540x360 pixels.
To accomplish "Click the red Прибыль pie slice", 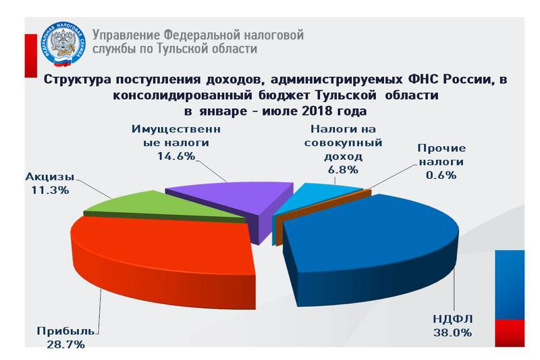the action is coord(162,255).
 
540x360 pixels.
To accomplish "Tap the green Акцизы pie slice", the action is coord(162,206).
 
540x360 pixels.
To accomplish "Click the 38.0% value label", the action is coord(452,333).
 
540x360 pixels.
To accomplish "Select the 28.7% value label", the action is coord(65,344).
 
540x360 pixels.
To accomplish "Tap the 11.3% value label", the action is coord(50,190).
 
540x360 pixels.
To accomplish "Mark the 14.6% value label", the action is coord(176,156).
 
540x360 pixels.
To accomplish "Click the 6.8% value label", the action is coord(343,170).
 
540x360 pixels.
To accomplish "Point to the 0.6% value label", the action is coord(441,175).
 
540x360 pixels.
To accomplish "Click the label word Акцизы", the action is coord(50,177).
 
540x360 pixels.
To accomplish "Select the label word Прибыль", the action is coord(65,331).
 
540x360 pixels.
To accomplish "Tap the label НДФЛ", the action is coord(452,319).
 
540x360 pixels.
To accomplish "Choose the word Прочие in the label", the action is coord(441,148).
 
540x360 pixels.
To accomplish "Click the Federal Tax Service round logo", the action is coord(63,44).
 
